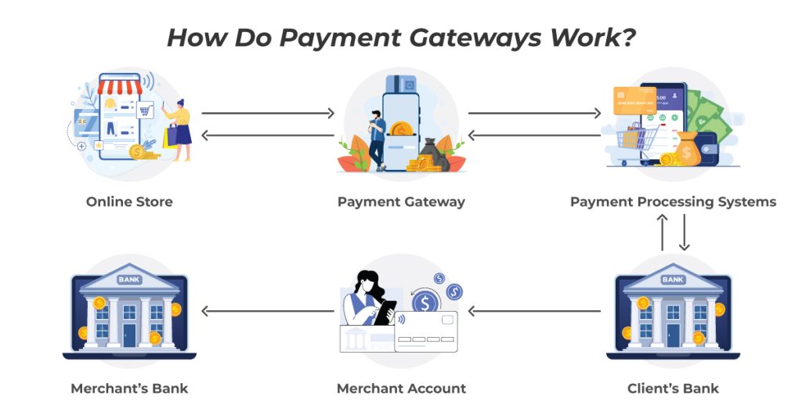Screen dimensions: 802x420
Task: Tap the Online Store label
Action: pos(129,201)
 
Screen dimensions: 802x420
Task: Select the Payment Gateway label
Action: pos(402,202)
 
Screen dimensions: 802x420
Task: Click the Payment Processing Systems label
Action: pos(673,202)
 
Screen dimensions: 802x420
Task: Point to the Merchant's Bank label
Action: pos(129,389)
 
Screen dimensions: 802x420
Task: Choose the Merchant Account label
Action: pos(402,389)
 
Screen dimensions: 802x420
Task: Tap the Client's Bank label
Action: pos(673,389)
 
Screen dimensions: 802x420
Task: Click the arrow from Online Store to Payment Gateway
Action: pos(268,113)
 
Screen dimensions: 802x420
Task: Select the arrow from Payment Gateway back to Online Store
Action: pos(268,136)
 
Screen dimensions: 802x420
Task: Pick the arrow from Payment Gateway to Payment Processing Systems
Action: pos(534,113)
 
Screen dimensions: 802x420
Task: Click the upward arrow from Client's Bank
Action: pos(663,232)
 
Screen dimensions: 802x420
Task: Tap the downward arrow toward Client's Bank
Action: pos(685,232)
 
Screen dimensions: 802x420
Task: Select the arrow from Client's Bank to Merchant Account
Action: pos(534,311)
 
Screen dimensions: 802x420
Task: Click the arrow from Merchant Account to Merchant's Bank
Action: pos(268,311)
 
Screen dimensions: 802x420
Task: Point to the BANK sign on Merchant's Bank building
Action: pos(129,280)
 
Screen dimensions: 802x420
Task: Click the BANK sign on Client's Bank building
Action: pos(673,280)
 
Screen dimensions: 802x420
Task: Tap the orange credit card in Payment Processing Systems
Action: pos(634,100)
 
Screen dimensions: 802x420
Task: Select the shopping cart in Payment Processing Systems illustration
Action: pos(636,144)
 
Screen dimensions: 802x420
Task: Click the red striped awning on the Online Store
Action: pos(120,86)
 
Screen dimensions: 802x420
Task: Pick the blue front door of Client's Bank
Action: pos(673,335)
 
